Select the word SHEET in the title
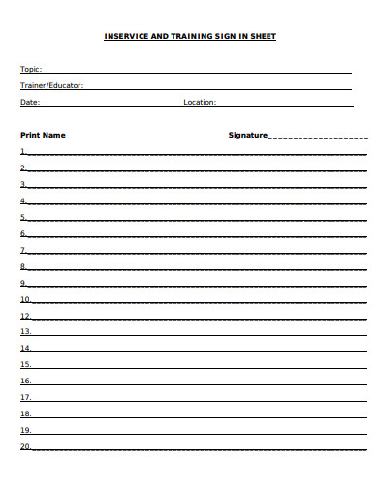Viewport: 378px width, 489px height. coord(262,36)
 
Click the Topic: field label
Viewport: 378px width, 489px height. coord(31,69)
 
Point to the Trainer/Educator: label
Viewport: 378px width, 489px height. coord(51,85)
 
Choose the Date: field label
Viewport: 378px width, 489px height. coord(30,102)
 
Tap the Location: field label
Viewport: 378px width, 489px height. coord(200,102)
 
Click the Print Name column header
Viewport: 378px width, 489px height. coord(43,135)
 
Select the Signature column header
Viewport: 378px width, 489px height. coord(247,135)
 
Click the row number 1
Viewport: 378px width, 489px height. coord(23,151)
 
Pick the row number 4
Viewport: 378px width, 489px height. coord(23,200)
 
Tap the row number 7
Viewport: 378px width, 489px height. coord(23,250)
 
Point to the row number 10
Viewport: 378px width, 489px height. coord(25,299)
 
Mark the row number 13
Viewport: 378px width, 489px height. coord(25,348)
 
